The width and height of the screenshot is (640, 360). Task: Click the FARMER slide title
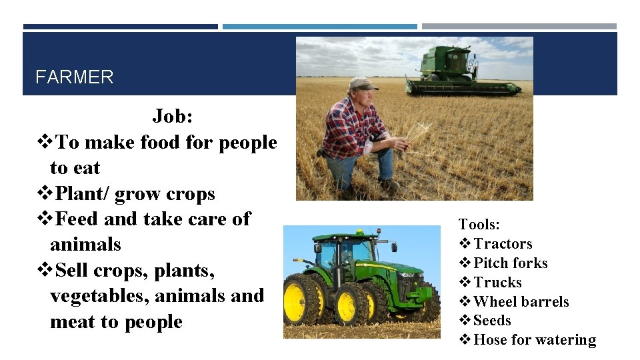(74, 77)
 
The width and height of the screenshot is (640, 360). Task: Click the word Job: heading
(173, 116)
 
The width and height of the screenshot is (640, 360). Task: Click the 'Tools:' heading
(479, 225)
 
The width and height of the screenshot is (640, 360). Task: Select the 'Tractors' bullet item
(503, 244)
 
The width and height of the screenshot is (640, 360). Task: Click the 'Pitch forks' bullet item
(510, 263)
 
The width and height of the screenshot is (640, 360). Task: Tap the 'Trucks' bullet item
(497, 283)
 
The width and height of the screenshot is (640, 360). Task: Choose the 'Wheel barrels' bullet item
(521, 302)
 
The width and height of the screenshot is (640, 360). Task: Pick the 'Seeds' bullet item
(492, 321)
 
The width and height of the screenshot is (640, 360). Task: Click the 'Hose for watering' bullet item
(534, 340)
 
